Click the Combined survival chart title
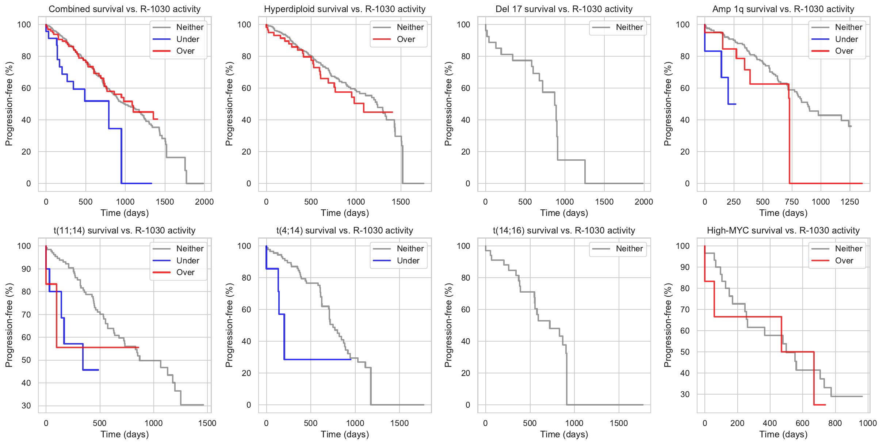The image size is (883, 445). [x=125, y=9]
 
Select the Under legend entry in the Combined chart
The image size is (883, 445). [x=187, y=39]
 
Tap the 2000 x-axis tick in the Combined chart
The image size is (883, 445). [x=204, y=202]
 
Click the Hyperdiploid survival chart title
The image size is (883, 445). [x=345, y=9]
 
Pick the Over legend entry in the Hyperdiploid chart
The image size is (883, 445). [x=406, y=39]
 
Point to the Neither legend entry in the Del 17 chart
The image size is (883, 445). [x=629, y=27]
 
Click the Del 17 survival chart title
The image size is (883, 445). [x=564, y=9]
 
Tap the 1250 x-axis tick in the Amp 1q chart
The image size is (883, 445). [x=850, y=202]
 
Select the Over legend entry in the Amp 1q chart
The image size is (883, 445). [x=844, y=51]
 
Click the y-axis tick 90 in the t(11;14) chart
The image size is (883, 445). [x=26, y=269]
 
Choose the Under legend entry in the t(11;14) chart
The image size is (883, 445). [x=187, y=261]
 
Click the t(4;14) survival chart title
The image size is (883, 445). [x=345, y=231]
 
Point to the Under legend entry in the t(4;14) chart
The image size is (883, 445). [x=408, y=261]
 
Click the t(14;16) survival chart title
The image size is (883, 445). [x=564, y=231]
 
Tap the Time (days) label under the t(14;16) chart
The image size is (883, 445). [x=564, y=434]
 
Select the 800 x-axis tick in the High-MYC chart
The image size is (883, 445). [x=835, y=423]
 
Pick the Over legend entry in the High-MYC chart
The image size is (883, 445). [x=844, y=261]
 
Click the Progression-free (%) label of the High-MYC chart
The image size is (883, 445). [x=668, y=325]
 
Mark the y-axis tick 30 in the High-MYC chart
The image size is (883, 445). [x=685, y=395]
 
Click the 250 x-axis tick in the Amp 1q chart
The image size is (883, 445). [x=734, y=202]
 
